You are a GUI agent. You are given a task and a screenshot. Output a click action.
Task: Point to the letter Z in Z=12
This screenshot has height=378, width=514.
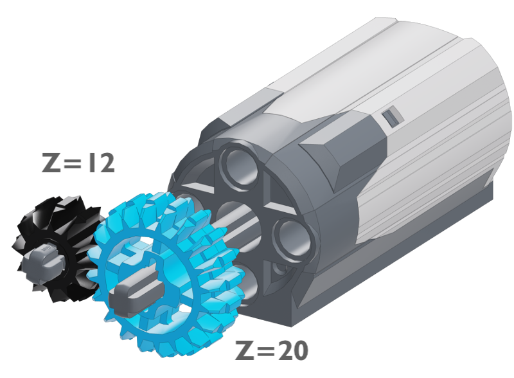click(51, 163)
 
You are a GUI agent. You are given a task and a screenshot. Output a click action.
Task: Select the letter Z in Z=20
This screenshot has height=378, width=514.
click(245, 350)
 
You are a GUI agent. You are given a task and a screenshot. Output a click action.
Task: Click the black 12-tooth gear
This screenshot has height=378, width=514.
click(56, 248)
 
